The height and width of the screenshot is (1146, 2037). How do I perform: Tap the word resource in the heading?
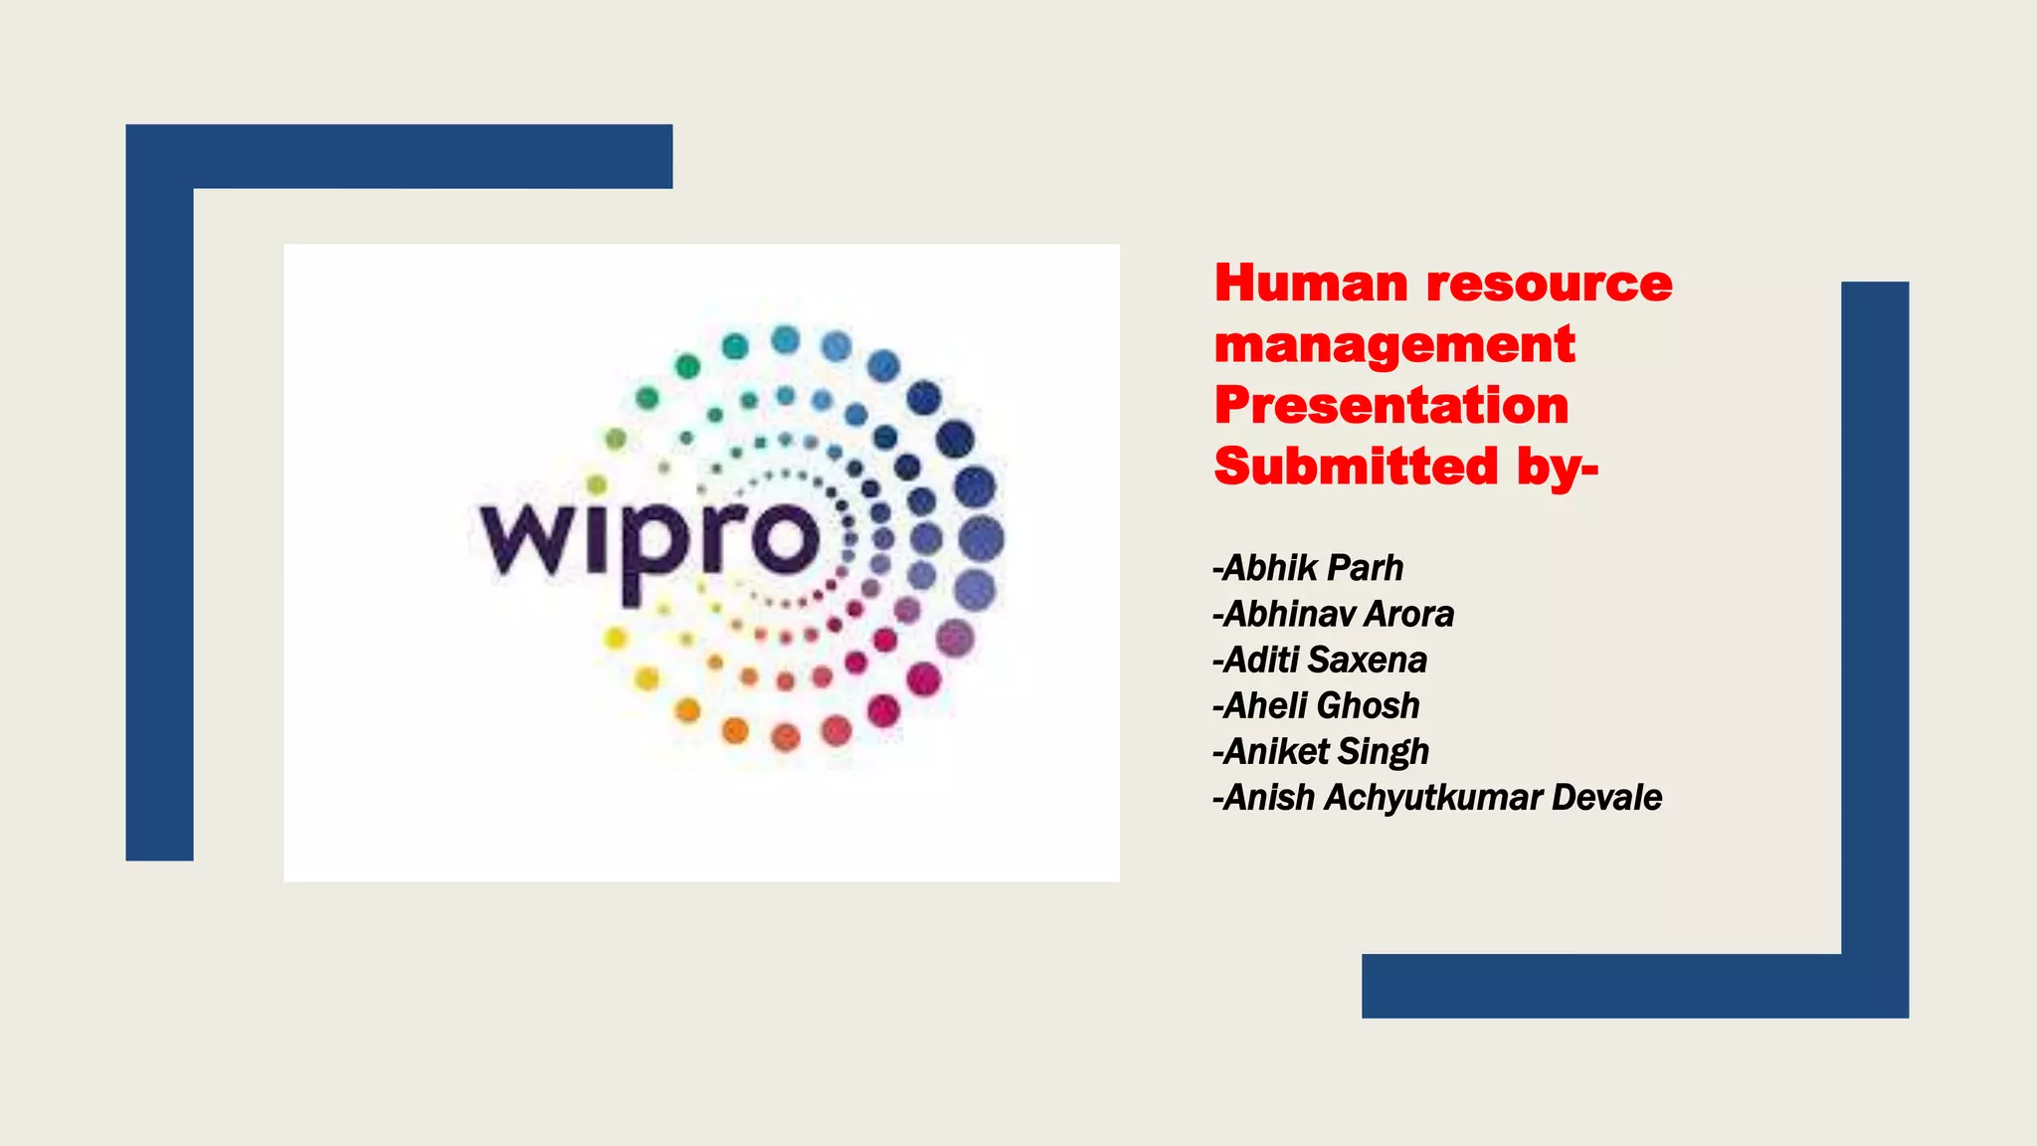[1550, 286]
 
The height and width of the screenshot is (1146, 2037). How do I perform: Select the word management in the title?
[1394, 345]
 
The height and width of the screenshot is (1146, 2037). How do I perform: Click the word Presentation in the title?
[1390, 406]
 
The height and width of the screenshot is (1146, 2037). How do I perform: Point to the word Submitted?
[1356, 466]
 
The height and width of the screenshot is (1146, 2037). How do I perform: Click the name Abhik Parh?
[1309, 568]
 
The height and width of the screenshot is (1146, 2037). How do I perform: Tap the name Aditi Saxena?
[1321, 660]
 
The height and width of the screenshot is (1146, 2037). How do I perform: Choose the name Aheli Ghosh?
[1317, 705]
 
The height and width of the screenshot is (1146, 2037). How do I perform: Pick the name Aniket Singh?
[1322, 751]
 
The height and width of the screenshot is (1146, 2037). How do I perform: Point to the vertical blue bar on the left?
[159, 517]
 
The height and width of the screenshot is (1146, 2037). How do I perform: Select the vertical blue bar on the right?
[1875, 617]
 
